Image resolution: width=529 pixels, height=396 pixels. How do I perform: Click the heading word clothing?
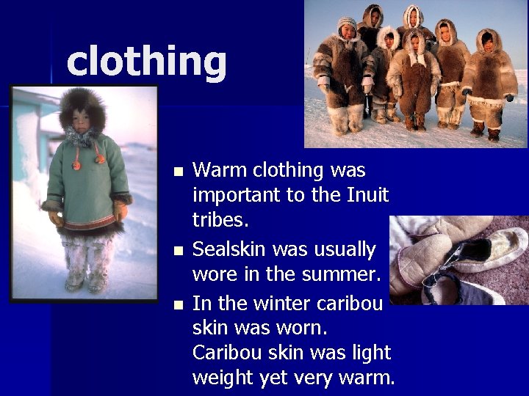(x=146, y=61)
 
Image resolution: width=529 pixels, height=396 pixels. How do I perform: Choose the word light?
(x=371, y=353)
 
